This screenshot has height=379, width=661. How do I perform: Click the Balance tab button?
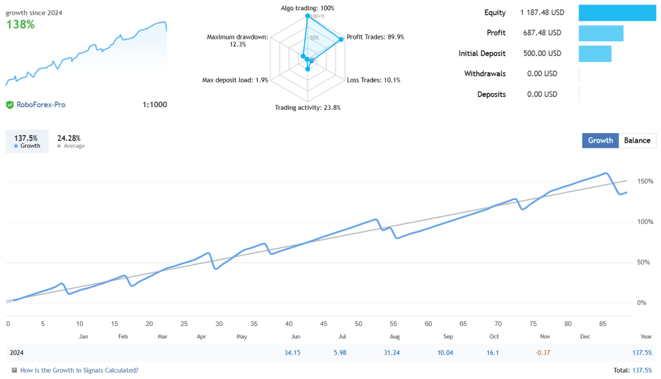pos(637,141)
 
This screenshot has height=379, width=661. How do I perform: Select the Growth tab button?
pos(600,141)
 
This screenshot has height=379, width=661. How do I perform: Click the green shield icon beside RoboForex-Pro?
pos(10,105)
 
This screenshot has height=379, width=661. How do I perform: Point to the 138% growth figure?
pos(21,25)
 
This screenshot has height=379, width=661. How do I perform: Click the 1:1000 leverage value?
pos(154,105)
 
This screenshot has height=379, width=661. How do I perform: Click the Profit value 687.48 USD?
pos(542,33)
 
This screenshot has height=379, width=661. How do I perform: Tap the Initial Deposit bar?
pos(595,54)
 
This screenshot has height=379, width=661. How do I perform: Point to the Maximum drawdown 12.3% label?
pos(238,40)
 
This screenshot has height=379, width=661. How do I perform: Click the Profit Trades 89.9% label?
pos(375,37)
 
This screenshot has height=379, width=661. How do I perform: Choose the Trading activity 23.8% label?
pos(308,108)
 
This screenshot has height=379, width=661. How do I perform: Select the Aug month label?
pos(394,336)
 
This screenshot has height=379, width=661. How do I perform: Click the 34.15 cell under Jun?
pos(292,353)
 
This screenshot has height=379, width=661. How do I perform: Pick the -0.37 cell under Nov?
pos(544,353)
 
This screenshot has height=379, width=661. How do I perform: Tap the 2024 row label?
pos(17,353)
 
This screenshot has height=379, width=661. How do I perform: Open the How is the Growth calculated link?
pos(79,371)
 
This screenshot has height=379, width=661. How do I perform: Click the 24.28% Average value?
pos(68,138)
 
